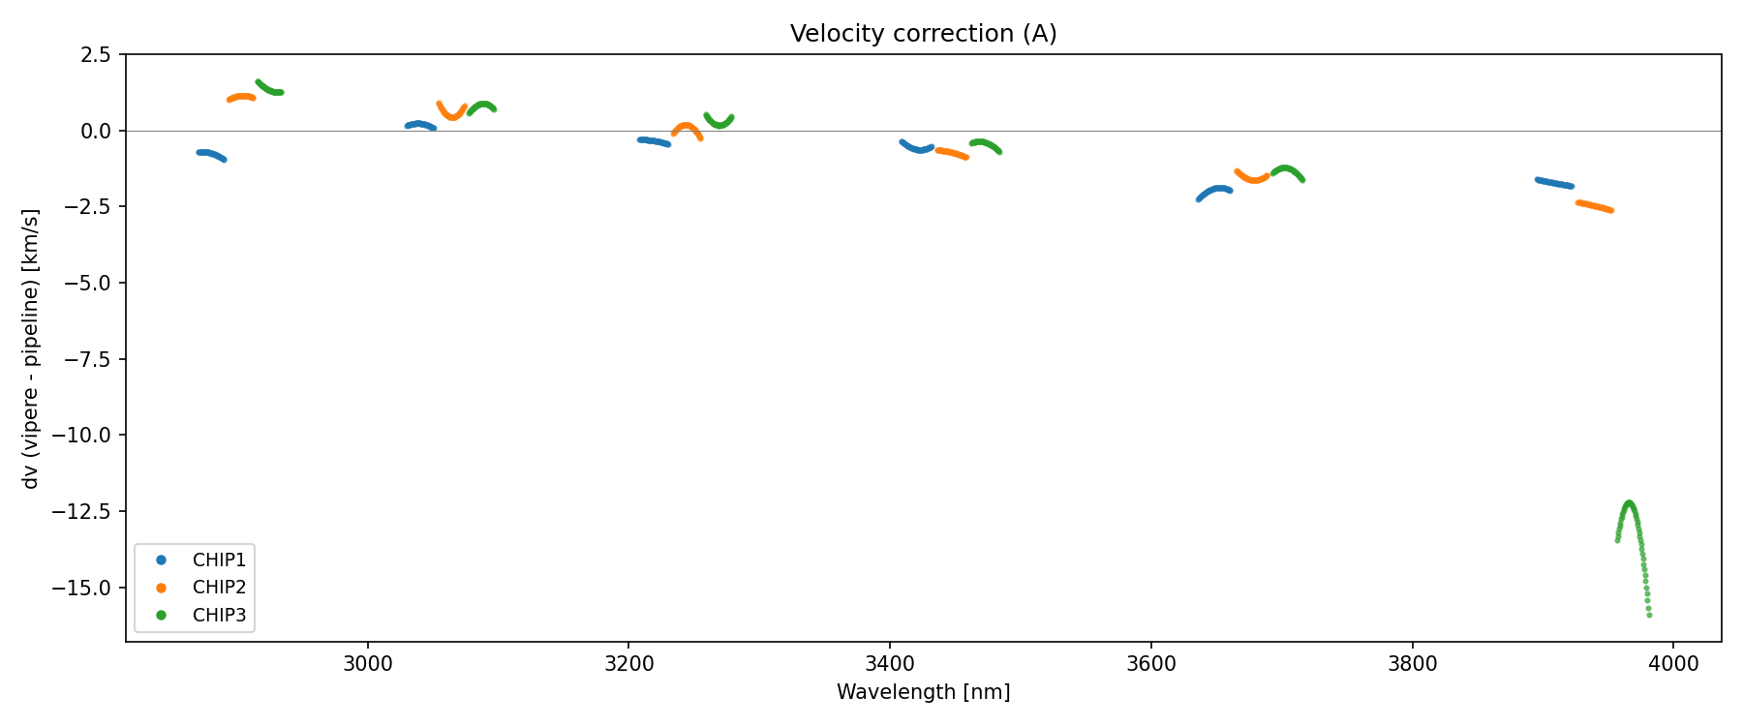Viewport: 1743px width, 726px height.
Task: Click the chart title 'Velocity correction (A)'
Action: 923,34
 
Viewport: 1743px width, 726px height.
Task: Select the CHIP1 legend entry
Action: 219,560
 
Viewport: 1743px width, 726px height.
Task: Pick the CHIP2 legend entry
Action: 219,588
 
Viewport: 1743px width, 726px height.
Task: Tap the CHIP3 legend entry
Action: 219,615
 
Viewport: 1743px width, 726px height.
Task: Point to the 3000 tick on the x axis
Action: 368,664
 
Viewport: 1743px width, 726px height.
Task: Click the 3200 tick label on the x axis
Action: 628,664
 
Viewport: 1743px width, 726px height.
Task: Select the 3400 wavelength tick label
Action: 890,664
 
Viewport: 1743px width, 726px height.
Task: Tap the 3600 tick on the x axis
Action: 1151,664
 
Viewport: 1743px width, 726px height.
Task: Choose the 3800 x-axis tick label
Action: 1412,664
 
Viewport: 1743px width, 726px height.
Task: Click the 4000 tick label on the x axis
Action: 1673,664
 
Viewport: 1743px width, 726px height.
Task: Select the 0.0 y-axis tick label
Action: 99,131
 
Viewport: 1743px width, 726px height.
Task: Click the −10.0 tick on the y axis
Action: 90,436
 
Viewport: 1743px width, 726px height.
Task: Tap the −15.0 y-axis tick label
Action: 90,588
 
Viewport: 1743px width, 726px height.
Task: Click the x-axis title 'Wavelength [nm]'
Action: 923,692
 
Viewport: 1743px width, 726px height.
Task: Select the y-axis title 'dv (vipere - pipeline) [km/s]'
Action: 31,348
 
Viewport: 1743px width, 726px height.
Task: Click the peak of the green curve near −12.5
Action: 1629,502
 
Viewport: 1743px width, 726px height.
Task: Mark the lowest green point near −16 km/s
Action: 1649,615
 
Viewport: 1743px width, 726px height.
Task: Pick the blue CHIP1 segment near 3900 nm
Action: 1554,183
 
